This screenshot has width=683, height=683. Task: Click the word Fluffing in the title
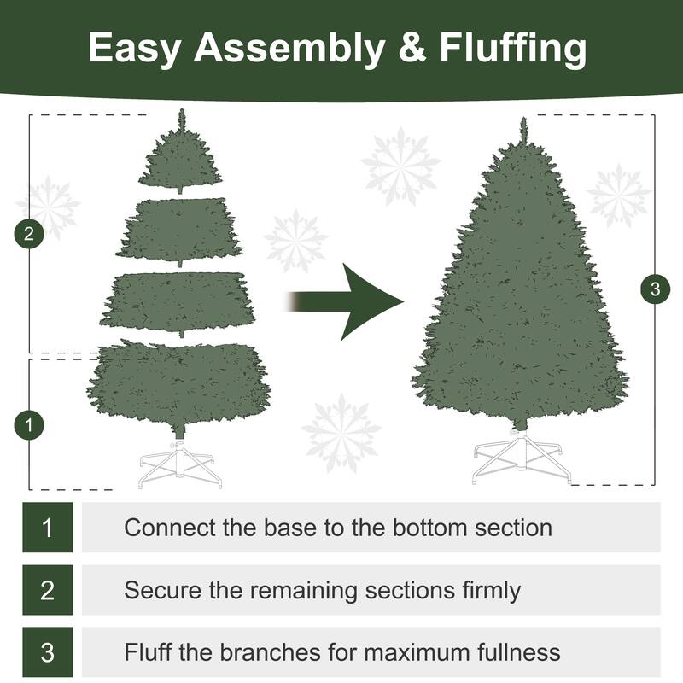(513, 50)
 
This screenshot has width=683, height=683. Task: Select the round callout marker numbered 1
(30, 423)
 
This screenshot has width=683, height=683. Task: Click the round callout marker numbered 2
(30, 234)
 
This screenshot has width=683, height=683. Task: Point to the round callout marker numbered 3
(655, 289)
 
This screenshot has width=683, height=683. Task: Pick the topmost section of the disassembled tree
(180, 158)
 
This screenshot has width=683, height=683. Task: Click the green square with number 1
(47, 527)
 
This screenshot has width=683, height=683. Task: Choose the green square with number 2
(47, 590)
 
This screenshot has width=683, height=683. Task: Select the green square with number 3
(47, 652)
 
